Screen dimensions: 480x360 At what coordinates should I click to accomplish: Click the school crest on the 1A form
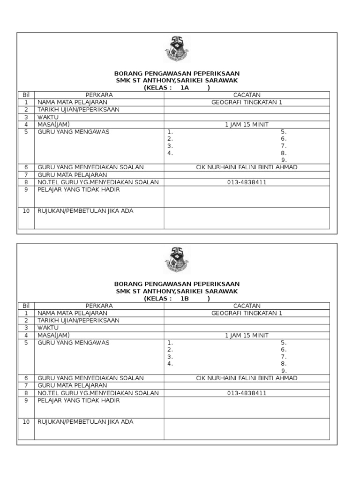(x=177, y=49)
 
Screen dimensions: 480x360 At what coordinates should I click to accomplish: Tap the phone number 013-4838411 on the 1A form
(x=247, y=182)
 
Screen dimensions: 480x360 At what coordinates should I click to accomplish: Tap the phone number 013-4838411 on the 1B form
(x=247, y=393)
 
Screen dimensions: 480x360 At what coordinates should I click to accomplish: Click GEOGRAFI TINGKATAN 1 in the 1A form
(x=247, y=102)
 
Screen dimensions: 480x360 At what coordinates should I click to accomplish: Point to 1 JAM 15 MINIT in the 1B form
(x=247, y=335)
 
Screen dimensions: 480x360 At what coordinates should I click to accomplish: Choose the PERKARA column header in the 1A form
(x=99, y=95)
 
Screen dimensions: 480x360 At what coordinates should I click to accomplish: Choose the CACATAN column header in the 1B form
(x=247, y=306)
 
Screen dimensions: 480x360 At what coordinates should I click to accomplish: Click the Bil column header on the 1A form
(x=26, y=95)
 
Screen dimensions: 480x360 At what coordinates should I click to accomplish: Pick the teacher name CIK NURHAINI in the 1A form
(x=247, y=167)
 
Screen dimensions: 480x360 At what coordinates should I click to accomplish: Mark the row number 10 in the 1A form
(x=26, y=211)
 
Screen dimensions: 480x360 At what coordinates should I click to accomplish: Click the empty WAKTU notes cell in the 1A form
(x=247, y=117)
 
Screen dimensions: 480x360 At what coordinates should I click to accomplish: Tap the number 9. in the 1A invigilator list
(x=284, y=160)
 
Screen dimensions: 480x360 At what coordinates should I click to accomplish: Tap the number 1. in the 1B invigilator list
(x=171, y=343)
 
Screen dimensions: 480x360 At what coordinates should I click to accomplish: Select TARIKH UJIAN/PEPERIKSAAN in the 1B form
(x=78, y=320)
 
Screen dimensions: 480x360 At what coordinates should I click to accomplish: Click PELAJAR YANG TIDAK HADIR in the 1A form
(x=78, y=189)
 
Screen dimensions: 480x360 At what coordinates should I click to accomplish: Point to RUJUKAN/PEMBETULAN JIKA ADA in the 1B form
(x=85, y=421)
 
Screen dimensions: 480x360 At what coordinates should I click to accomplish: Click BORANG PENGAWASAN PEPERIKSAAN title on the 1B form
(x=177, y=284)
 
